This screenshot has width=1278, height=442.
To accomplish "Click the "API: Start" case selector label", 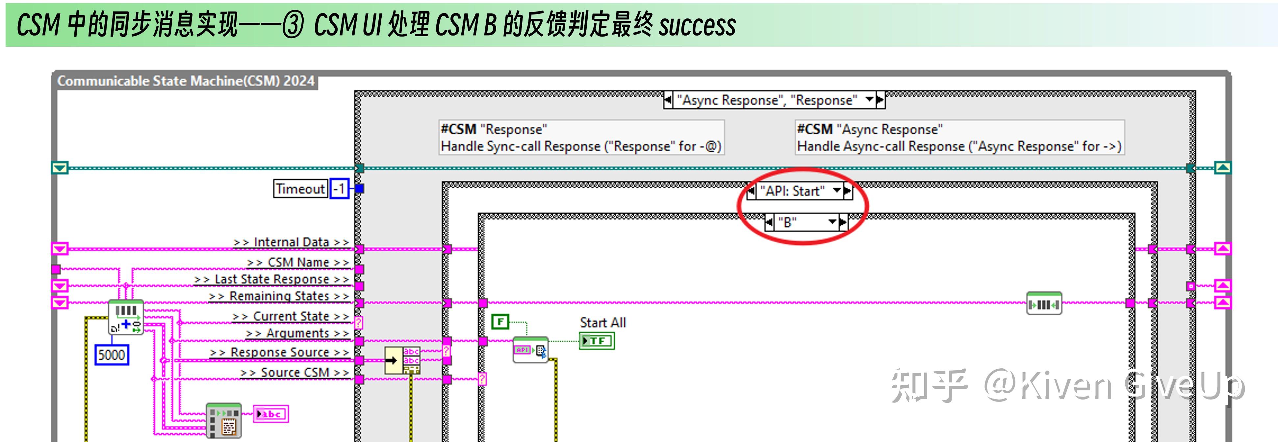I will coord(792,191).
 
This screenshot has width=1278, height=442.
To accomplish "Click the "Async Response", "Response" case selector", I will coord(769,100).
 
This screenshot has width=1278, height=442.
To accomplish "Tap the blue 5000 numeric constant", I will coord(112,355).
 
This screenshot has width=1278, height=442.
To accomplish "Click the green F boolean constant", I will coord(500,322).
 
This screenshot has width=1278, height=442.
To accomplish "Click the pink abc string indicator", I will coord(271,414).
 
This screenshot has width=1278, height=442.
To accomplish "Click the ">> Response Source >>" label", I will coord(279,352).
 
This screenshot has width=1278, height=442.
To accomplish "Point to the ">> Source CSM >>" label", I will coord(295,373).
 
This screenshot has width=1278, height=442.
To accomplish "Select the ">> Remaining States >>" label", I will coord(279,296).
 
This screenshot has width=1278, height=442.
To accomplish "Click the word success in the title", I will coord(697,25).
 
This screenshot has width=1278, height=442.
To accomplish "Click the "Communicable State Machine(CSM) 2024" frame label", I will coord(186,81).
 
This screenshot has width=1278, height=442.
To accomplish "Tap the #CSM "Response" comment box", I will coord(581,138).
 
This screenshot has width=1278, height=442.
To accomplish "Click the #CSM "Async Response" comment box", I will coord(959,138).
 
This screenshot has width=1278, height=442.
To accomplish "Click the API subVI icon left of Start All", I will coord(530,350).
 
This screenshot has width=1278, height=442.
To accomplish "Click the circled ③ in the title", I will coord(293,25).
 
